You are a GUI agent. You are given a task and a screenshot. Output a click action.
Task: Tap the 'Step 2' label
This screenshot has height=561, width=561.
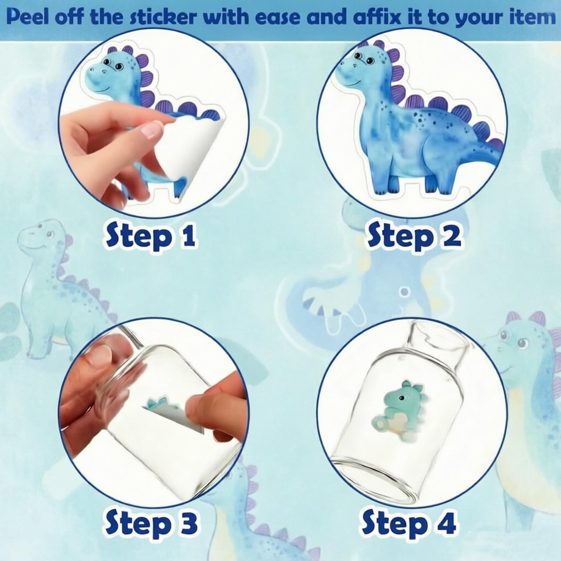[413, 237]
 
